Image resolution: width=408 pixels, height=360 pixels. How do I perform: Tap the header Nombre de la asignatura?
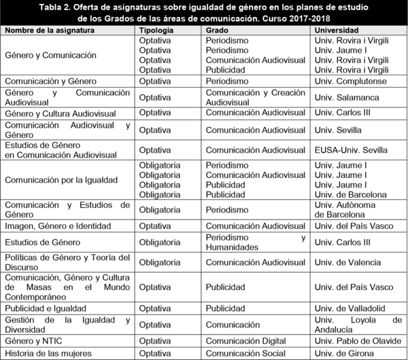49,31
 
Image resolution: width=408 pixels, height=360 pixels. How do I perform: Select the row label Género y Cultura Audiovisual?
60,113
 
